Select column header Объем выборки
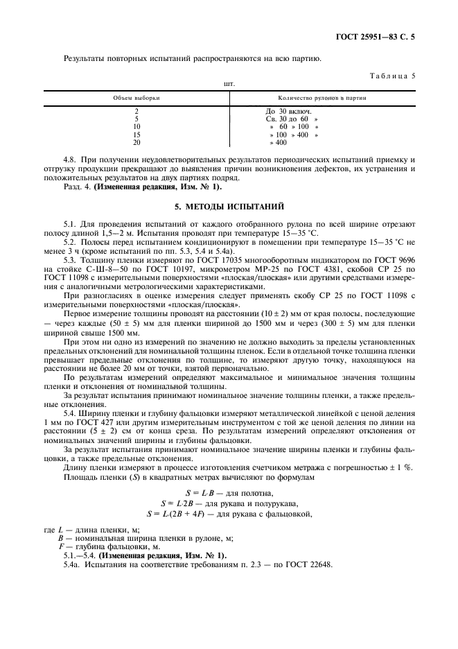(136, 98)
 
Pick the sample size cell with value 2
(136, 111)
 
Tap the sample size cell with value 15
(136, 135)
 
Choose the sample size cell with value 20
(136, 142)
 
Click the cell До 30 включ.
(289, 111)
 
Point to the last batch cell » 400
(278, 142)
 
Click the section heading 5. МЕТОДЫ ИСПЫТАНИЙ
(229, 207)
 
